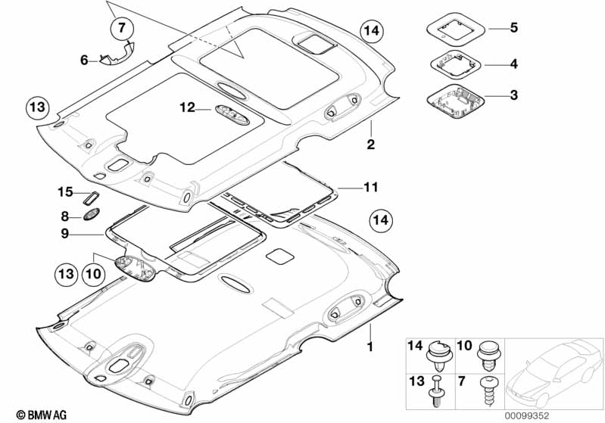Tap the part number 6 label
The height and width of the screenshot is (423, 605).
tap(85, 59)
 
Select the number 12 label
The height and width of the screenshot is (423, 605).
tap(187, 109)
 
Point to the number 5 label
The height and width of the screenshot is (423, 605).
tap(513, 29)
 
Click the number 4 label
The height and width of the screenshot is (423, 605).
tap(513, 64)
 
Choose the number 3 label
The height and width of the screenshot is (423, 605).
tap(513, 95)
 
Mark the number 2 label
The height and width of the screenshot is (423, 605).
tap(371, 143)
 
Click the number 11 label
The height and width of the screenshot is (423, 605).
tap(370, 186)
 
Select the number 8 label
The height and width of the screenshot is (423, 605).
tap(66, 215)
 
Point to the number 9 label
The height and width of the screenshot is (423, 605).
tap(66, 234)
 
